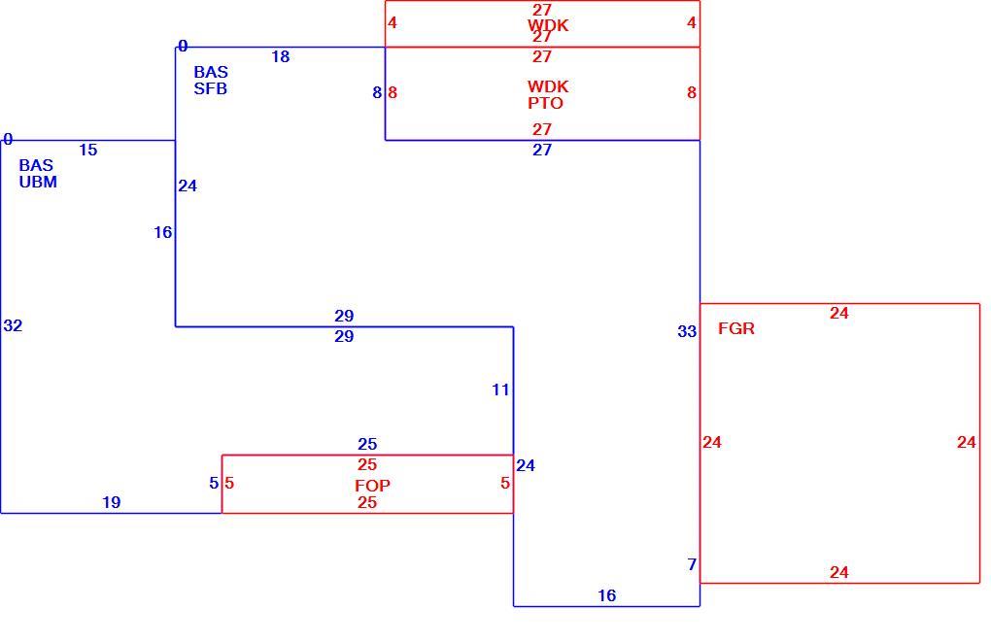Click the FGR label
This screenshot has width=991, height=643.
click(736, 328)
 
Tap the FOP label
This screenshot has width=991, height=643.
click(372, 486)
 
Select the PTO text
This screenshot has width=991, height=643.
click(545, 103)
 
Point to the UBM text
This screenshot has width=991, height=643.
click(38, 182)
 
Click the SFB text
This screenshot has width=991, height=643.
click(211, 89)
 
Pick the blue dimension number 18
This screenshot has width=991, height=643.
click(281, 57)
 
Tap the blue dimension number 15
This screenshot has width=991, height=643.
click(88, 151)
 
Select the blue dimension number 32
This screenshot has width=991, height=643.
click(13, 326)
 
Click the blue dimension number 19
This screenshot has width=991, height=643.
click(111, 503)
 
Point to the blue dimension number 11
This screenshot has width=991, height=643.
click(500, 390)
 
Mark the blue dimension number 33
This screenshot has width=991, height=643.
click(687, 331)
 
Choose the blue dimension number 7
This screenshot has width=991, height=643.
click(692, 564)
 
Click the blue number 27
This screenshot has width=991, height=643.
click(542, 151)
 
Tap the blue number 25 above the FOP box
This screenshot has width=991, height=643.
click(367, 445)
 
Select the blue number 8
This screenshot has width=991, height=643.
click(377, 93)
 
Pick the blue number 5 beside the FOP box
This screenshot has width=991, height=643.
click(214, 483)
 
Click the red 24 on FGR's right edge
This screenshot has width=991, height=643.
click(967, 443)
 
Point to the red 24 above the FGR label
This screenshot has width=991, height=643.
click(839, 314)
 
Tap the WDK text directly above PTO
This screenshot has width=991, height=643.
click(548, 86)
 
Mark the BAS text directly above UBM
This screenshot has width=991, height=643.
click(36, 165)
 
